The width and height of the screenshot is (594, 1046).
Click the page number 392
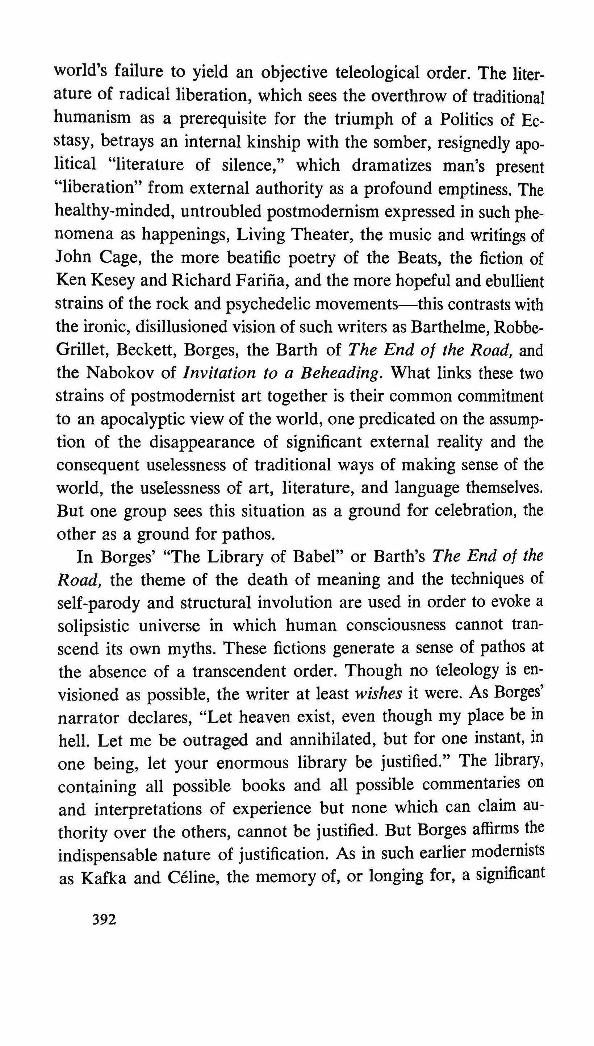(x=104, y=920)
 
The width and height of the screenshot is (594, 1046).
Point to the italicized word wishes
(x=378, y=694)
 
